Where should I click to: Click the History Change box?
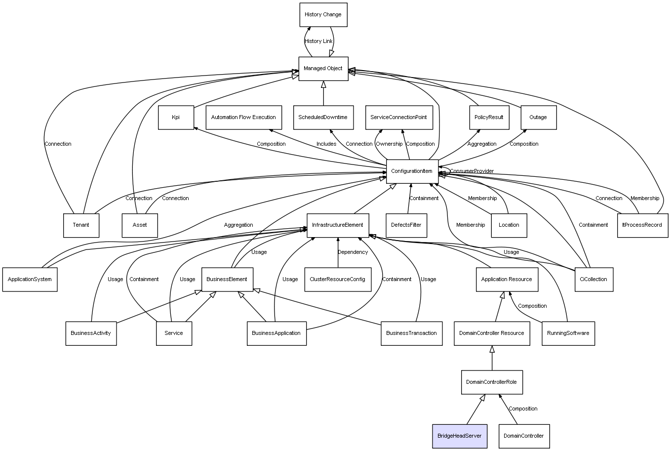(323, 15)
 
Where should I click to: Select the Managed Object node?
(323, 69)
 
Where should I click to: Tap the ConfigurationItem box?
(412, 171)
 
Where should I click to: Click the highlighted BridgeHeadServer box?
(459, 436)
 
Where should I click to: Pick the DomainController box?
(524, 436)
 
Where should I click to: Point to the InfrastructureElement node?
(338, 225)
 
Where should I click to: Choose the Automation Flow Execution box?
(243, 118)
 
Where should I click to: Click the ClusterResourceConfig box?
(338, 280)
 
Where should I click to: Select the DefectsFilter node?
(406, 225)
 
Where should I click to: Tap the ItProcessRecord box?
(642, 225)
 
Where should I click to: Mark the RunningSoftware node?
(568, 333)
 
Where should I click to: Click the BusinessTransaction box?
(411, 333)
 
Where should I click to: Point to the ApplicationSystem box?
(30, 280)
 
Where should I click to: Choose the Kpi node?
(176, 118)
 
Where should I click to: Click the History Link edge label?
(318, 41)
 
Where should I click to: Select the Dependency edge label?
(353, 252)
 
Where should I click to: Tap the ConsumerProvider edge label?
(472, 171)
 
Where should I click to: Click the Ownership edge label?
(389, 144)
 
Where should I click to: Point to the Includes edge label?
(326, 144)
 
